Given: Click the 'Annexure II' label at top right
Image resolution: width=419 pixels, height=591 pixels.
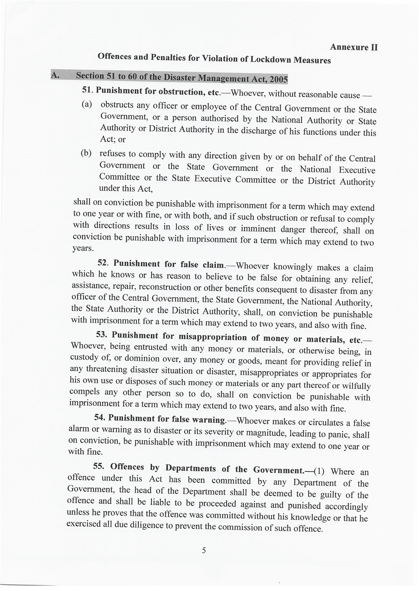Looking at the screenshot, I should pos(354,47).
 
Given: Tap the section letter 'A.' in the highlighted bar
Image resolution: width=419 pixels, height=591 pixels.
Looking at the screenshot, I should pos(55,75).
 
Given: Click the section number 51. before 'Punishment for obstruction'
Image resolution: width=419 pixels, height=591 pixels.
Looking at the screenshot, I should pos(88,90).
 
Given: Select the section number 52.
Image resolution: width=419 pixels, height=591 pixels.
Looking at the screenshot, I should pos(103,263).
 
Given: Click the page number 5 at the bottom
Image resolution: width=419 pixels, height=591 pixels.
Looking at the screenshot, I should pos(204,550).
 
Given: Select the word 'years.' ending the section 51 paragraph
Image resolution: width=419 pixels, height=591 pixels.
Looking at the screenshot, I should pos(82,248).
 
